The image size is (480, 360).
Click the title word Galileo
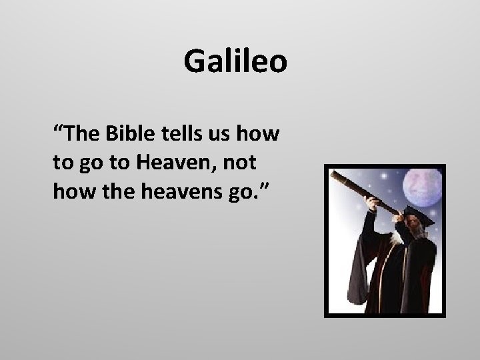(235, 62)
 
